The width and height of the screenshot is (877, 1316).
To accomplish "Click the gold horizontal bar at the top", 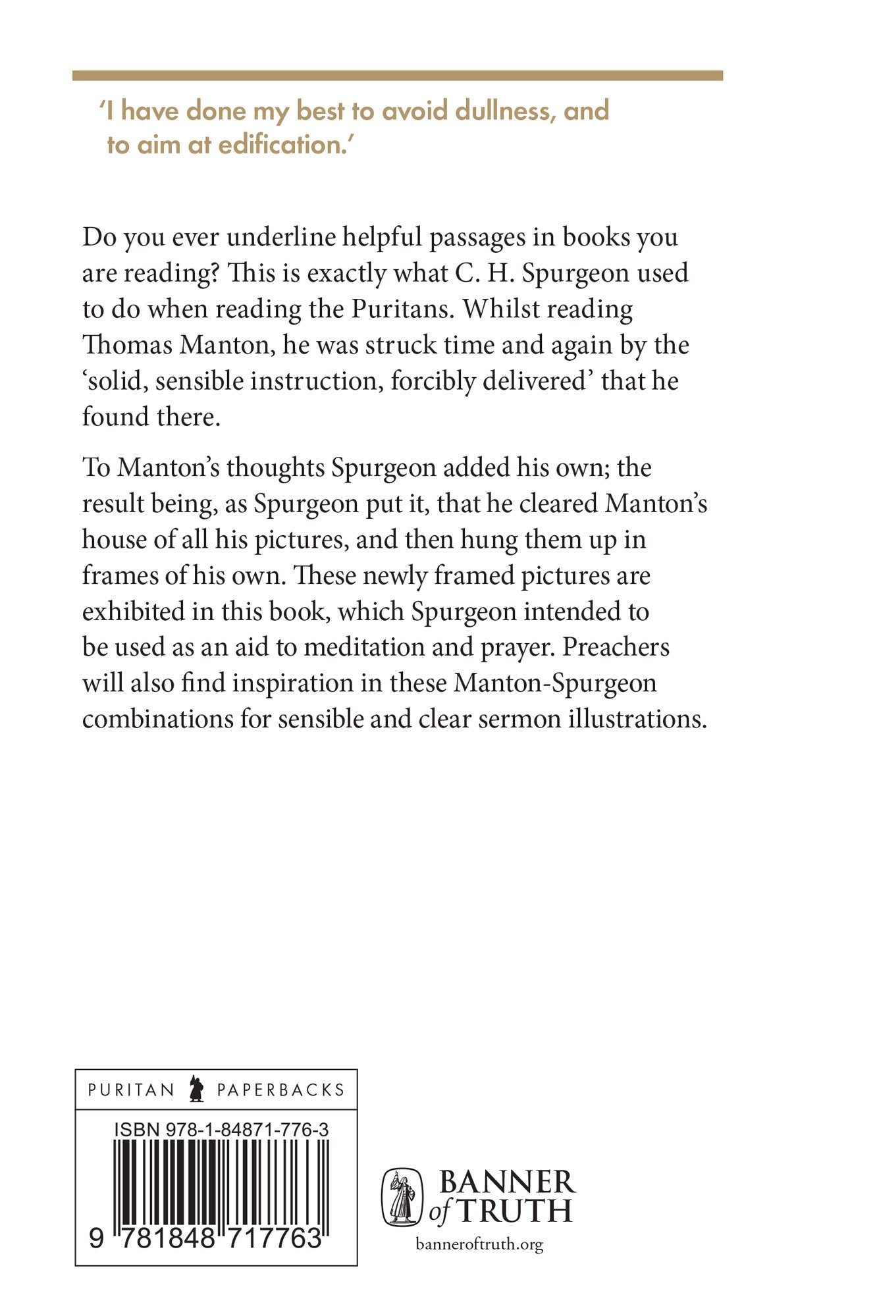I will [397, 76].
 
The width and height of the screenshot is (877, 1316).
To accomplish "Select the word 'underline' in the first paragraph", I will [280, 237].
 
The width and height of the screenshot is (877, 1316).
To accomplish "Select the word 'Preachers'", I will [616, 647].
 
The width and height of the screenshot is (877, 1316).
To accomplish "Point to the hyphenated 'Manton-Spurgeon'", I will [555, 683].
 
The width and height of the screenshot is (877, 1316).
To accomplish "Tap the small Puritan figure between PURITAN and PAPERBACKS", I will [196, 1089].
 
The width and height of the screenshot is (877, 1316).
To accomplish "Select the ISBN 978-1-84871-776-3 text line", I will [221, 1130].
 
